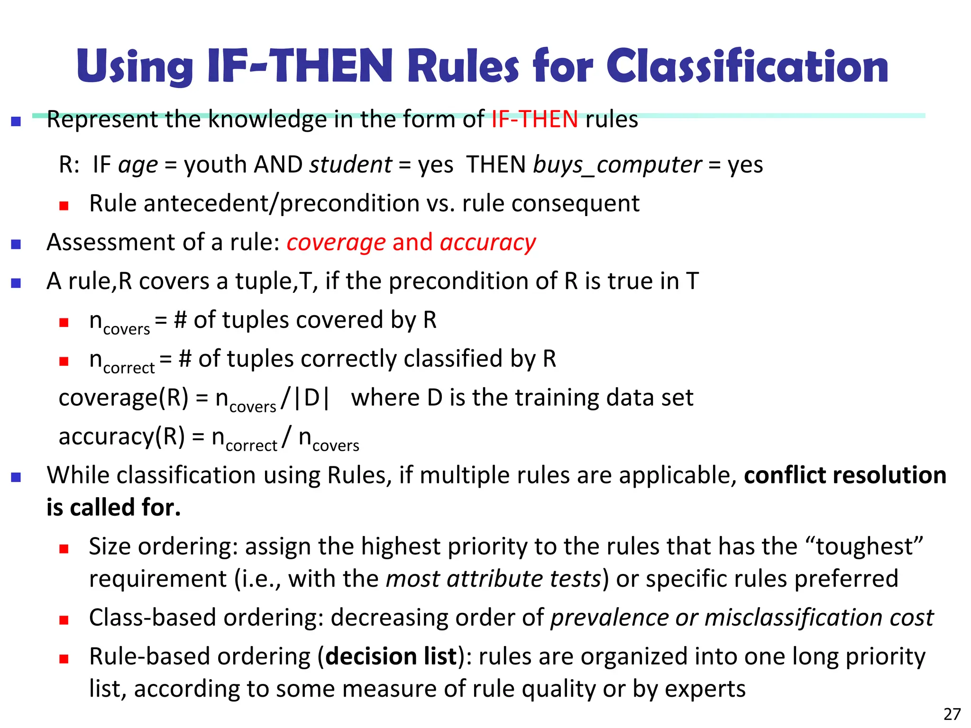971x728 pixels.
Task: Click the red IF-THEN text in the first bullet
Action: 534,119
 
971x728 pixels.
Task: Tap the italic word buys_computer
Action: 617,165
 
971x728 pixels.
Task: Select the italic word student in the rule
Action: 350,165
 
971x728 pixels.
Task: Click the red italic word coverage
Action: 336,243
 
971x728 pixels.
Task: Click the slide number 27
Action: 952,714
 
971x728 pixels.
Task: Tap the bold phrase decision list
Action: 391,657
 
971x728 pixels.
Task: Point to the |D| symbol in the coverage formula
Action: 311,398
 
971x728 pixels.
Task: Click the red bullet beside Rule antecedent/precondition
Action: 64,206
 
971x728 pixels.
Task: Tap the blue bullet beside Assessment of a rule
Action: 16,244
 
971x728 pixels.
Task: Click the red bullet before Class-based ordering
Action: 64,620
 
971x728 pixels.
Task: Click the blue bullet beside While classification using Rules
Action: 16,477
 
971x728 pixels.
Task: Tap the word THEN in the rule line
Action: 496,165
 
